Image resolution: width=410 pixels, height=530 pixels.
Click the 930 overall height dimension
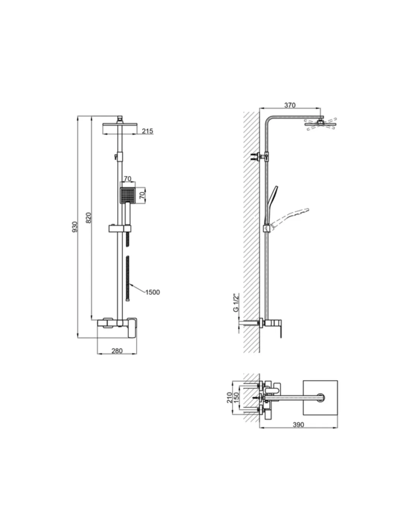pyautogui.click(x=75, y=227)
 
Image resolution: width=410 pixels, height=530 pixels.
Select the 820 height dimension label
pyautogui.click(x=88, y=218)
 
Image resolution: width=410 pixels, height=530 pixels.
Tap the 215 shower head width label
pyautogui.click(x=147, y=131)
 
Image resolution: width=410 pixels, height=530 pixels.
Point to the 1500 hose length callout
pyautogui.click(x=152, y=292)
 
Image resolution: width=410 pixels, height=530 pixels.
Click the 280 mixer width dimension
pyautogui.click(x=117, y=351)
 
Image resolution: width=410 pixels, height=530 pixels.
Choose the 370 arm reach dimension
pyautogui.click(x=290, y=105)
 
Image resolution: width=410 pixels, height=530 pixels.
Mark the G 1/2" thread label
pyautogui.click(x=236, y=302)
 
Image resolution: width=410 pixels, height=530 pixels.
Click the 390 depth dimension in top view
pyautogui.click(x=298, y=425)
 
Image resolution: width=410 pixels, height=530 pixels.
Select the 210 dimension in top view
pyautogui.click(x=230, y=398)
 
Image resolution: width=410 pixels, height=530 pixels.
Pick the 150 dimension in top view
pyautogui.click(x=237, y=398)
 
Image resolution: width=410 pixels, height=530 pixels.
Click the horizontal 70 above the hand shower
pyautogui.click(x=127, y=179)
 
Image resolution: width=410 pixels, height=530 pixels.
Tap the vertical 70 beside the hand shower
pyautogui.click(x=142, y=196)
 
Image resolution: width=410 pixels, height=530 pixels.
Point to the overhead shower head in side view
pyautogui.click(x=321, y=124)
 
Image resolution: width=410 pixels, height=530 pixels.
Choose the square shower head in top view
pyautogui.click(x=321, y=398)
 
